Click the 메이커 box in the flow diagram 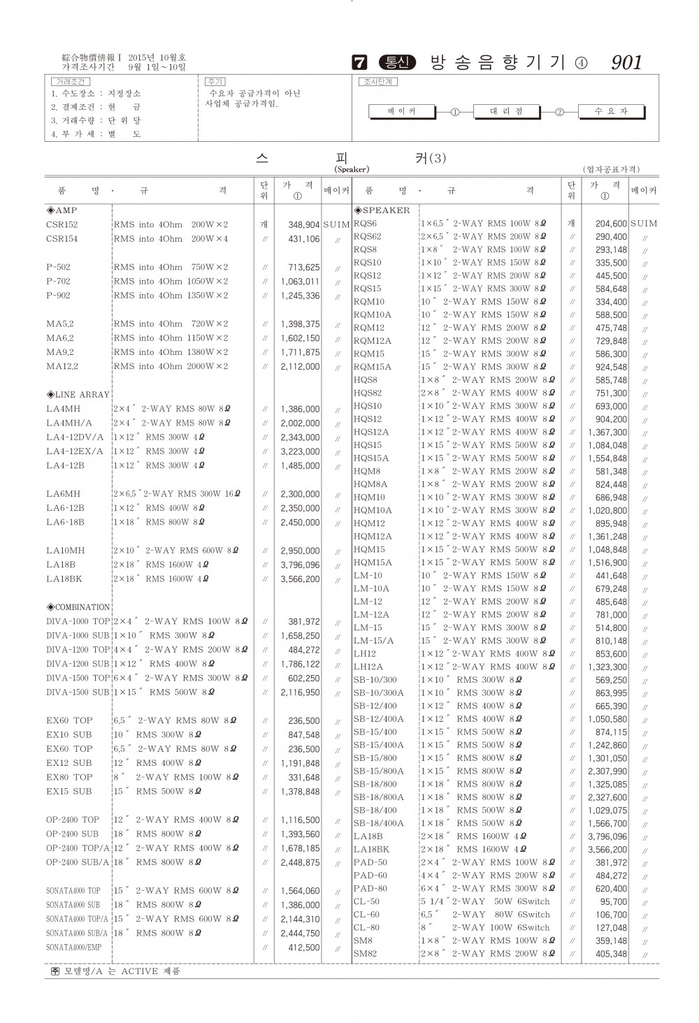coord(401,111)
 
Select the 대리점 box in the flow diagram coord(507,111)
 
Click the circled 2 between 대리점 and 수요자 coord(559,112)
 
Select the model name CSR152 coord(62,225)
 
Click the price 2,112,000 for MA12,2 coord(300,367)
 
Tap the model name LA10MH coord(66,551)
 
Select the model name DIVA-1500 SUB coord(78,692)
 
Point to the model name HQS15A coord(371,458)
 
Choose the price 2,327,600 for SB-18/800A coord(607,797)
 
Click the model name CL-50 coord(366,901)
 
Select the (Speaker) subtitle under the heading coord(352,169)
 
